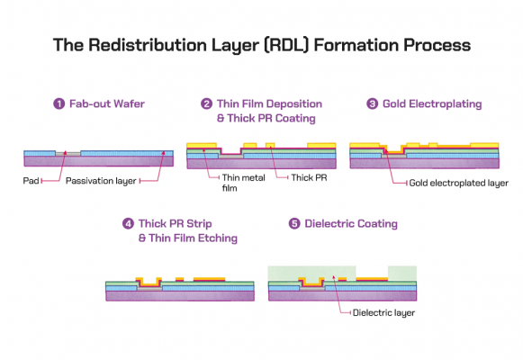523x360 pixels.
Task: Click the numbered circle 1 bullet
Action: coord(59,103)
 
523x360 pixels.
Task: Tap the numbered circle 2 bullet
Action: coord(207,103)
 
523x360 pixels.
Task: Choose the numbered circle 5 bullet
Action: coord(293,223)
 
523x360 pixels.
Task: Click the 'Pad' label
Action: coord(31,181)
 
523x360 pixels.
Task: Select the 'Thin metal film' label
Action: coord(235,184)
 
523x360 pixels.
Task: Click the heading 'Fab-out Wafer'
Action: coord(104,103)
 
